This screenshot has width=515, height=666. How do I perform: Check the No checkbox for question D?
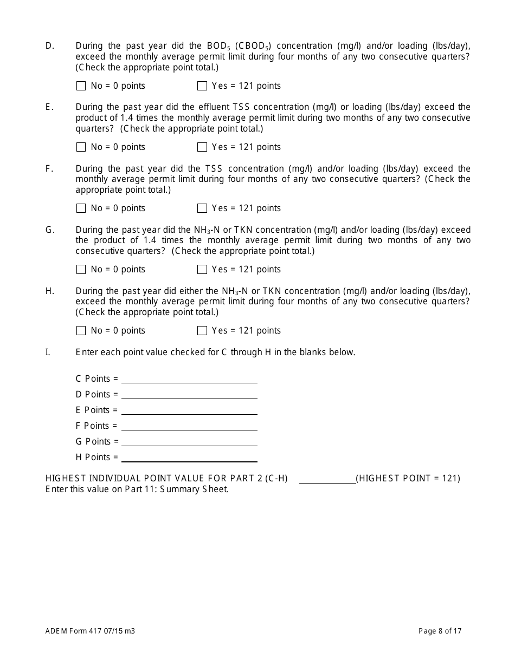[81, 86]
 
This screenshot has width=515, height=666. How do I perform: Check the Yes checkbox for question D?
[202, 86]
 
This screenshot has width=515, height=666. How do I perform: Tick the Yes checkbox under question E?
[202, 147]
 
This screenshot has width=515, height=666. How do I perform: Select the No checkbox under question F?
[81, 208]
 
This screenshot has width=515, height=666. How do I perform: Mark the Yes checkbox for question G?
[202, 270]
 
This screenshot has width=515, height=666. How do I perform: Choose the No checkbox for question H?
[81, 331]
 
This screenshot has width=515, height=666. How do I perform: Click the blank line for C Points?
[189, 379]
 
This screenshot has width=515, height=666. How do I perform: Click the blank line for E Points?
[189, 410]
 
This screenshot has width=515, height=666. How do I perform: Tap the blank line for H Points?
[189, 458]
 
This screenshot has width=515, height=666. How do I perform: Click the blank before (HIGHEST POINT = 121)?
[327, 479]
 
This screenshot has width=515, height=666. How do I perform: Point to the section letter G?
[50, 230]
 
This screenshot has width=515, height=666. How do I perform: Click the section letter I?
[48, 352]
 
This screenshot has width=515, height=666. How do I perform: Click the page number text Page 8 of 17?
[440, 631]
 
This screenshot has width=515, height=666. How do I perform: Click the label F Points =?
[96, 426]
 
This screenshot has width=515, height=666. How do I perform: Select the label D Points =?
[96, 395]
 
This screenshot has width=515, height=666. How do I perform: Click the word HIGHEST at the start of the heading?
[66, 479]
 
